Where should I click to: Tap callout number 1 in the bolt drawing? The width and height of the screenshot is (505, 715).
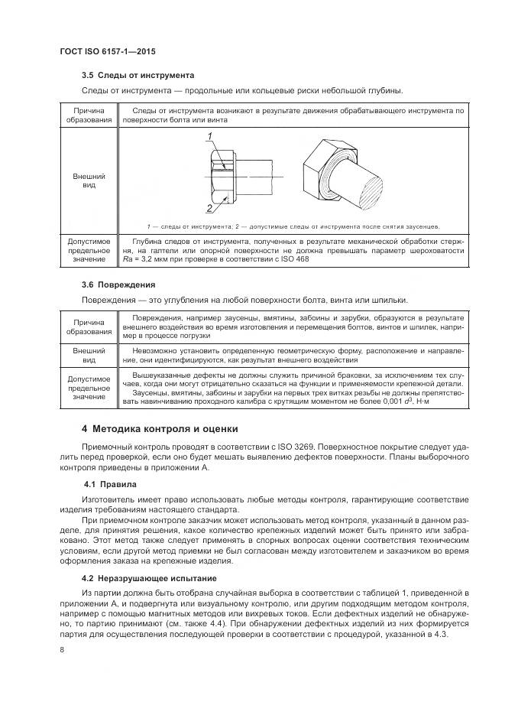(208, 137)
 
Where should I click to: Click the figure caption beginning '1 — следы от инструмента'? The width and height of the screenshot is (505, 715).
(293, 226)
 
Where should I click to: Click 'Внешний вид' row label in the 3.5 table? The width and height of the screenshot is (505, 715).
(89, 180)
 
